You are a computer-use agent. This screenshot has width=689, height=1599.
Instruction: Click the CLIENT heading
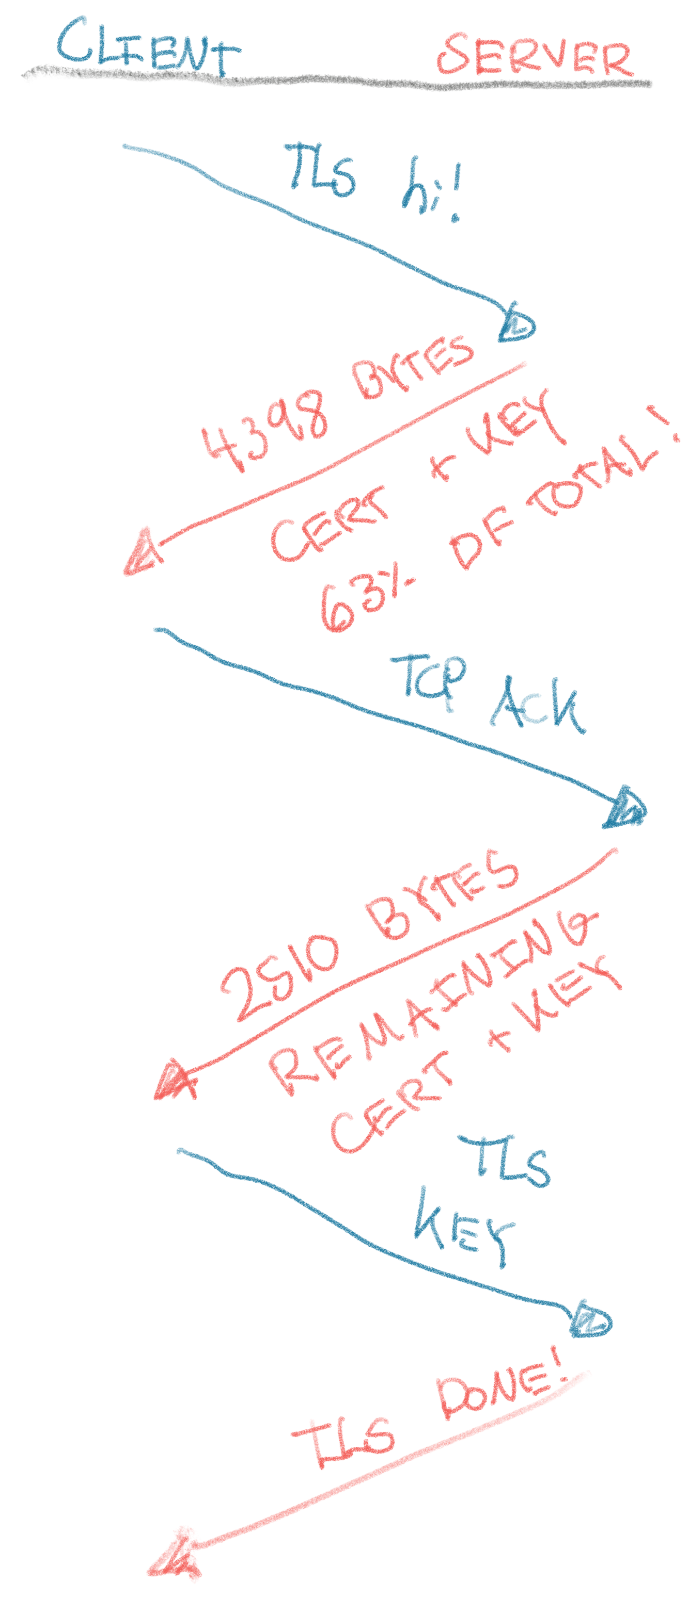tap(148, 47)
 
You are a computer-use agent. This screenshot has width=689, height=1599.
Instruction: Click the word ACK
tap(537, 708)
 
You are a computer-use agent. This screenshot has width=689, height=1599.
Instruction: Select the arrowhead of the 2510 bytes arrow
tap(174, 1081)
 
